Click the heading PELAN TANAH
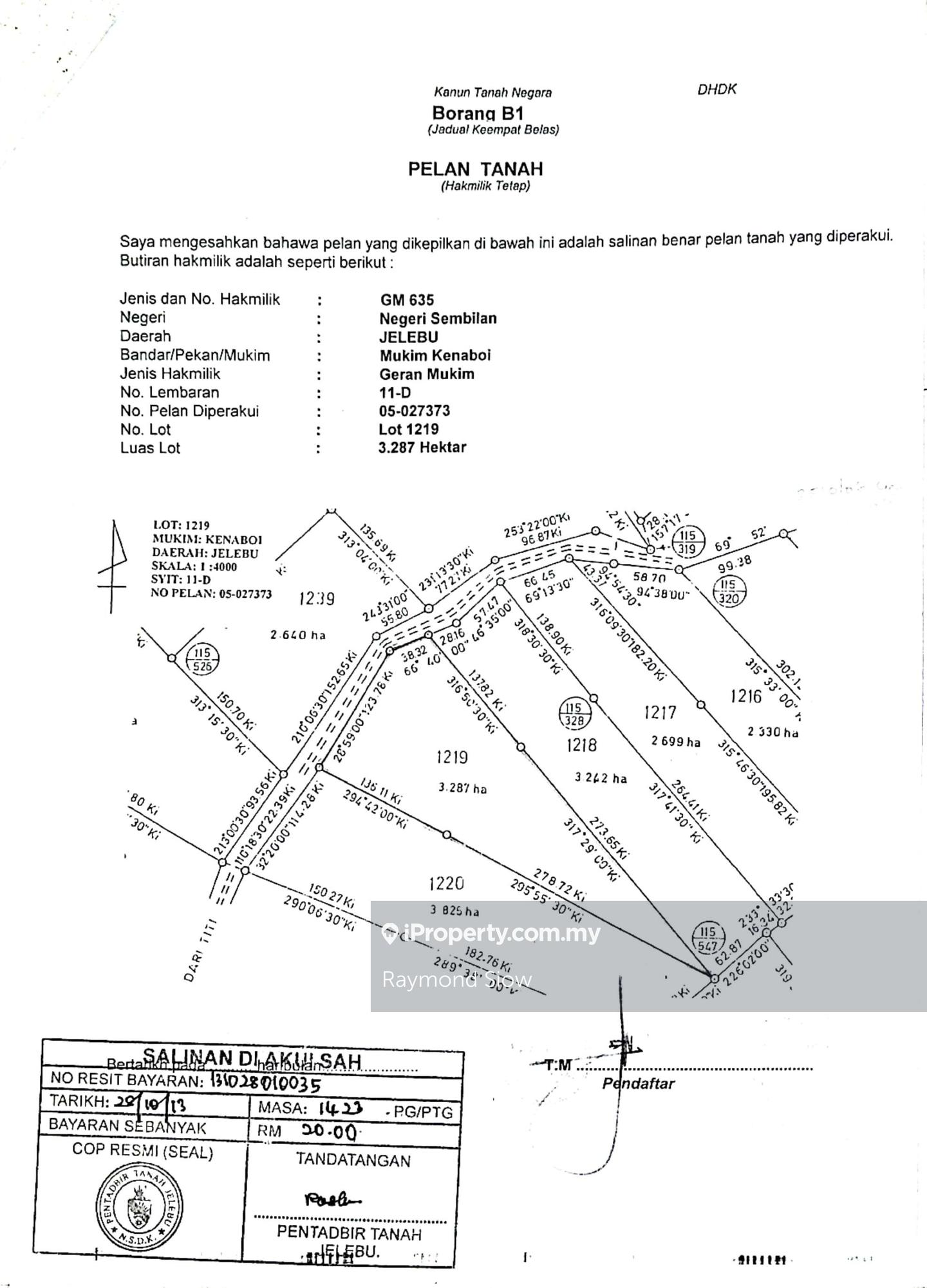pyautogui.click(x=475, y=169)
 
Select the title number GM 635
pyautogui.click(x=407, y=300)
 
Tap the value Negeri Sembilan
pyautogui.click(x=438, y=319)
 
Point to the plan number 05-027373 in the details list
pyautogui.click(x=415, y=411)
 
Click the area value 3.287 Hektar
pyautogui.click(x=422, y=448)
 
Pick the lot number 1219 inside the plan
pyautogui.click(x=451, y=757)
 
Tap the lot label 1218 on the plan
pyautogui.click(x=581, y=745)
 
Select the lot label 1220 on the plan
pyautogui.click(x=446, y=883)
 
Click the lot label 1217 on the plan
pyautogui.click(x=660, y=712)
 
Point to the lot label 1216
pyautogui.click(x=746, y=696)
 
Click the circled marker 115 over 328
pyautogui.click(x=574, y=714)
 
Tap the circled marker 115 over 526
pyautogui.click(x=202, y=659)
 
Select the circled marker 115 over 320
pyautogui.click(x=729, y=591)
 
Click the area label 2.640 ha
pyautogui.click(x=298, y=635)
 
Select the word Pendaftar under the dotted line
pyautogui.click(x=638, y=1083)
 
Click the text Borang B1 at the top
pyautogui.click(x=478, y=113)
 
